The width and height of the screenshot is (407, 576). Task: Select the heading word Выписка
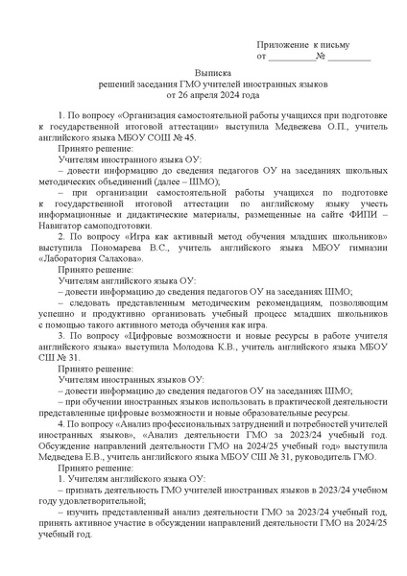[x=212, y=72]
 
